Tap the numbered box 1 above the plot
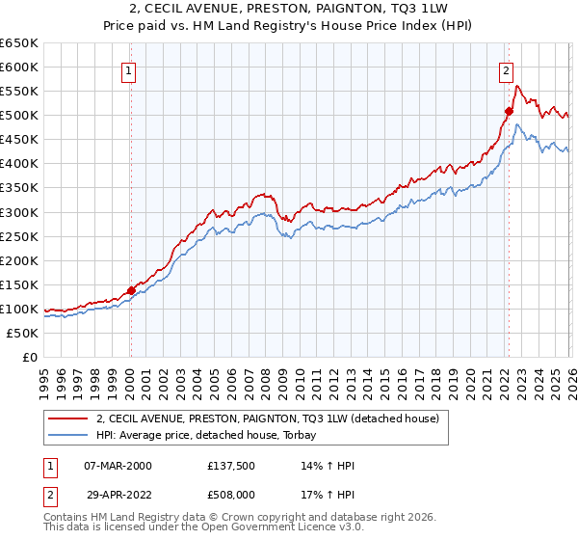click(x=129, y=69)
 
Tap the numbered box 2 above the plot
click(x=506, y=69)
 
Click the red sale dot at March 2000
click(x=131, y=290)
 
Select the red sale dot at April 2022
click(x=509, y=111)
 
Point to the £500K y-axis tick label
click(x=19, y=116)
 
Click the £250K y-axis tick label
click(x=19, y=236)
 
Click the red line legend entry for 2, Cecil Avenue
click(x=268, y=418)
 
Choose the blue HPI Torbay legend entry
click(x=212, y=436)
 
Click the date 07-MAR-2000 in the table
click(x=118, y=466)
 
